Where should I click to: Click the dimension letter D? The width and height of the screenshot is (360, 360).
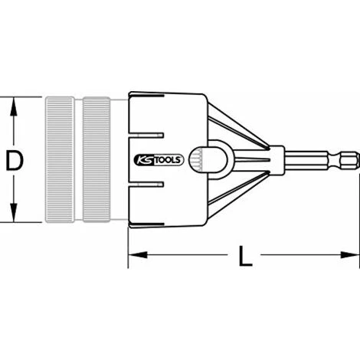[15, 160]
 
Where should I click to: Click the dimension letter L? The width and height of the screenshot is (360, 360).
[245, 256]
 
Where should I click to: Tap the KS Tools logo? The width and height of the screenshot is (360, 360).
[159, 160]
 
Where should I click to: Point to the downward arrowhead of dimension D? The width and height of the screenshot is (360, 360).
[14, 212]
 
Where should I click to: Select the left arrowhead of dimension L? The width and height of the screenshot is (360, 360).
[138, 254]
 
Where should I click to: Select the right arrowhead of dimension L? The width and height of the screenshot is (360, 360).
[350, 254]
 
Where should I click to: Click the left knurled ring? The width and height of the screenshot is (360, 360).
[60, 160]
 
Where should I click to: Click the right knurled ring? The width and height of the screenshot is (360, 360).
[97, 160]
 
